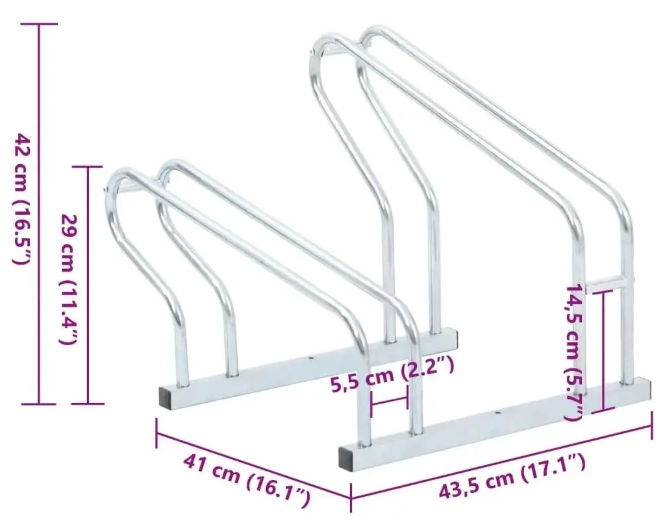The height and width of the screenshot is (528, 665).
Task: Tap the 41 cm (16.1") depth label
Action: click(246, 479)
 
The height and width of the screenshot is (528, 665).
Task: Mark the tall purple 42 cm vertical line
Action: click(40, 214)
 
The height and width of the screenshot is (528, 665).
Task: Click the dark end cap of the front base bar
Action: click(348, 457)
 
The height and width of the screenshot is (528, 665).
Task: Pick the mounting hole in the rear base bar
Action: click(311, 358)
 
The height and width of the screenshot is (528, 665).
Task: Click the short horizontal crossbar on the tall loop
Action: click(607, 282)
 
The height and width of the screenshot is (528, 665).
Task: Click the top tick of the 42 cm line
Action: click(40, 24)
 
